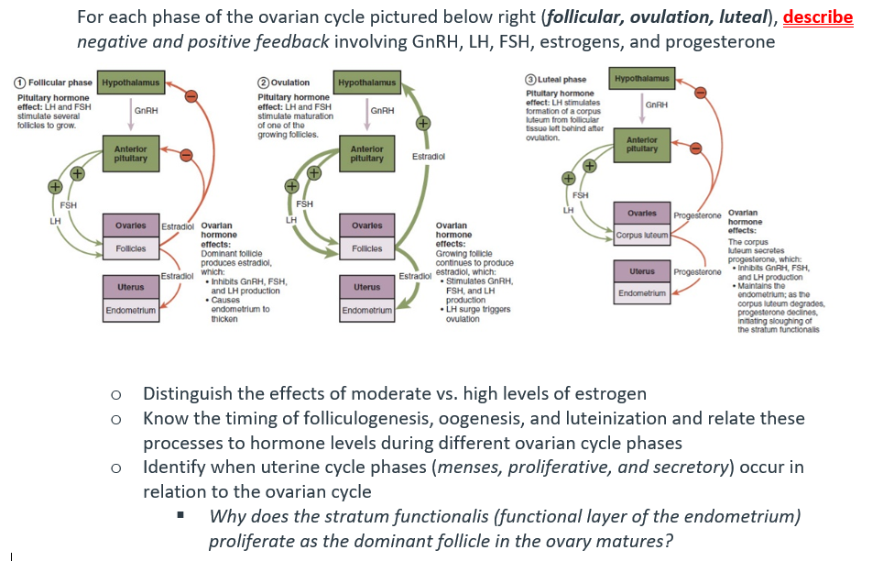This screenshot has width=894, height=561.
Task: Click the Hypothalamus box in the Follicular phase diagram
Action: tap(130, 83)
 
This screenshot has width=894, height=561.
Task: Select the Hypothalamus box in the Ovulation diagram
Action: tap(366, 83)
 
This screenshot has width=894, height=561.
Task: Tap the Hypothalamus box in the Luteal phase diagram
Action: tap(641, 80)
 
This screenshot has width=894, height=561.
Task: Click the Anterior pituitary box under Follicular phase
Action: tap(130, 153)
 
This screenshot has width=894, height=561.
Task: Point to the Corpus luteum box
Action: tap(642, 236)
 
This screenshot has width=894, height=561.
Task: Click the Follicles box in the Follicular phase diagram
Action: tap(130, 248)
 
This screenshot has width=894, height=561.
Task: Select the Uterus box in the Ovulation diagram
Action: tap(366, 287)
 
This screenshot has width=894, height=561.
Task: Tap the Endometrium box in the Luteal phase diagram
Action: tap(641, 293)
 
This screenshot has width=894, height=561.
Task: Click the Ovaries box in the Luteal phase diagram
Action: tap(641, 213)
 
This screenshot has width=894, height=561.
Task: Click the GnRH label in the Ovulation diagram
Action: tap(383, 111)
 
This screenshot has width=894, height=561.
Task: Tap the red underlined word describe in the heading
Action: tap(818, 18)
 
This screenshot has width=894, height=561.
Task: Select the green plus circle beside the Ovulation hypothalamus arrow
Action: tap(422, 122)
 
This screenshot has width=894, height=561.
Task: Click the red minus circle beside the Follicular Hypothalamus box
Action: tap(191, 94)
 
